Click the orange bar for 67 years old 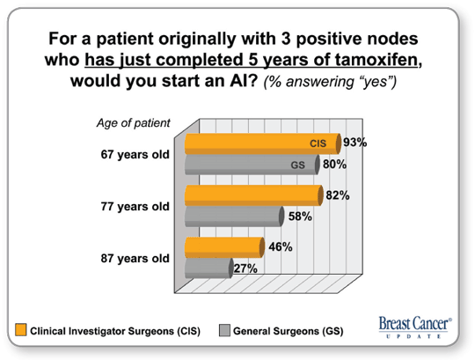[x=263, y=143]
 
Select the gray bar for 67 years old [x=252, y=165]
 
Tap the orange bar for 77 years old [x=254, y=195]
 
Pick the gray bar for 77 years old [x=235, y=217]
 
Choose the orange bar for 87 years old [x=225, y=247]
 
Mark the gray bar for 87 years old [x=209, y=268]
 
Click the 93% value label [x=355, y=142]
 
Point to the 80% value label [x=335, y=164]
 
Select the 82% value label [x=338, y=195]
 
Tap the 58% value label [x=300, y=217]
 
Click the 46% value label [x=281, y=247]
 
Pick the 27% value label [x=245, y=268]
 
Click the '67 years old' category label [x=135, y=155]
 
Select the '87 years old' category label [x=135, y=259]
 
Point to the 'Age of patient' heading [x=134, y=123]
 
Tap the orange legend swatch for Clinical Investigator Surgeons [x=21, y=330]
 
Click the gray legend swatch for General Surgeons [x=224, y=330]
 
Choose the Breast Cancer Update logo [x=415, y=327]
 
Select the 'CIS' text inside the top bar [x=318, y=143]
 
